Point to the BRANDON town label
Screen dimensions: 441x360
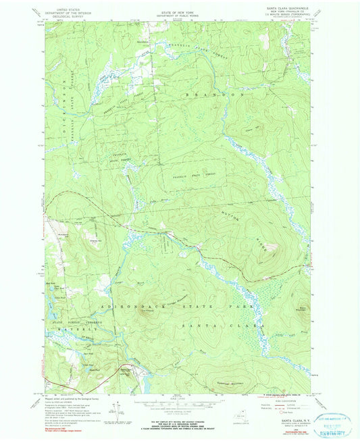pyautogui.click(x=224, y=95)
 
